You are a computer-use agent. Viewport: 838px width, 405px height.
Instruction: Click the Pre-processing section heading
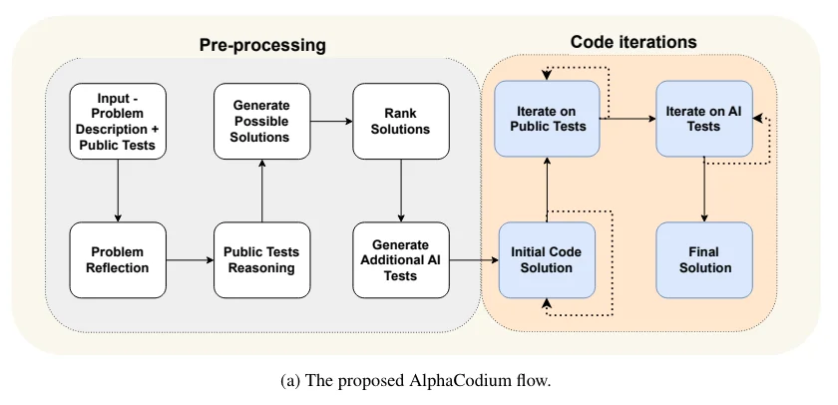point(262,45)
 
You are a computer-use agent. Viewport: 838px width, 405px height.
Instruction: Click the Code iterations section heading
point(633,42)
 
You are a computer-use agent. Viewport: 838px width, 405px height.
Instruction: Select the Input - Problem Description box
point(118,121)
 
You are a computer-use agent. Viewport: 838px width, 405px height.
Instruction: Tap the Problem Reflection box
point(118,259)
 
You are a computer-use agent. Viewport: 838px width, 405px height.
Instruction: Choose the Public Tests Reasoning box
point(261,259)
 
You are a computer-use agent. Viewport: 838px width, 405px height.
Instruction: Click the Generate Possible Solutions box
point(261,121)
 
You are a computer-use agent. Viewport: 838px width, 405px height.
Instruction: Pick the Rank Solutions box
point(400,121)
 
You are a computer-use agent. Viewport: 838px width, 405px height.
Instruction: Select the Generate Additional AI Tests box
point(400,259)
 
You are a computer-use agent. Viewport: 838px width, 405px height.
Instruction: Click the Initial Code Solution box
point(547,259)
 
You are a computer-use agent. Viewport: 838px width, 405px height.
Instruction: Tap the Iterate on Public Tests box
point(547,119)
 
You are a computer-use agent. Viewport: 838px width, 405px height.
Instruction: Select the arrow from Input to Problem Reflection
point(118,191)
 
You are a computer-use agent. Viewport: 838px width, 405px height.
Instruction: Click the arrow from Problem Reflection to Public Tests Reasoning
point(190,260)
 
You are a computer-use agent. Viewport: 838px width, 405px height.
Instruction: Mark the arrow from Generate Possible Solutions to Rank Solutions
point(330,121)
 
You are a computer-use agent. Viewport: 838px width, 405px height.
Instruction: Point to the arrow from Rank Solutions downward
point(400,191)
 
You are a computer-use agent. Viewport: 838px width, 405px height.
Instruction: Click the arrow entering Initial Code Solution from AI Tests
point(472,260)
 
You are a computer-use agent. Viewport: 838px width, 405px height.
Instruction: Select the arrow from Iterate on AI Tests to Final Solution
point(705,190)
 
